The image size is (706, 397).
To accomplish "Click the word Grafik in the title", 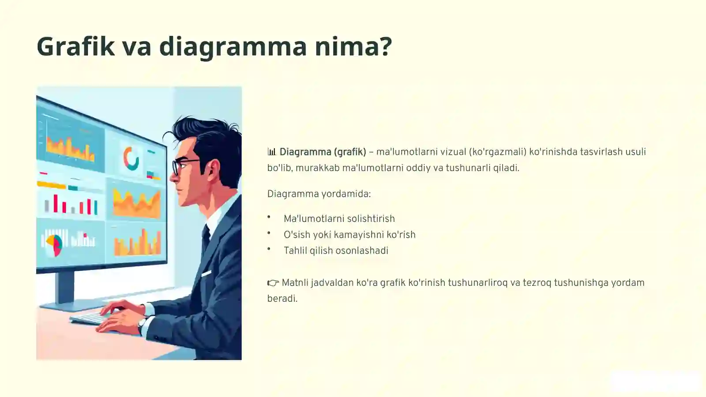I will pos(75,46).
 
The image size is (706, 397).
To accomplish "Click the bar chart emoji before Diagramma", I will pos(272,152).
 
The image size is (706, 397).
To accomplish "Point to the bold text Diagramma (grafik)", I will pos(323,152).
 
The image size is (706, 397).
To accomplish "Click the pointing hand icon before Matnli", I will pos(273,283).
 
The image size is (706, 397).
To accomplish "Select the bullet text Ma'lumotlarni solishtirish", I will pos(339,219).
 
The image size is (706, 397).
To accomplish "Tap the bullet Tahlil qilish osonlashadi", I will pos(336,251).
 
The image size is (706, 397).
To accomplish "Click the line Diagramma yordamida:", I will pos(319,194).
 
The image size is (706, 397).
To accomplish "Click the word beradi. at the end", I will pos(282,299).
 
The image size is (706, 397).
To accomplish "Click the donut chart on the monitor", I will pos(131,159).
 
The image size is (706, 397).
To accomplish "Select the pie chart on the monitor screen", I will pos(54,245).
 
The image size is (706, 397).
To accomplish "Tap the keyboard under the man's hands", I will pos(90,318).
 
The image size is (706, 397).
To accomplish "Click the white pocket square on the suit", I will pos(207,273).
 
